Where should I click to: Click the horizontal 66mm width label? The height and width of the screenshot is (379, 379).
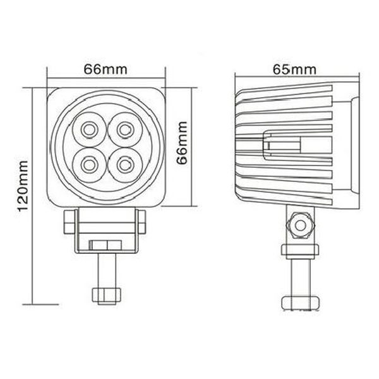coord(105,69)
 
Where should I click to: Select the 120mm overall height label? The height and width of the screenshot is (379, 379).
coord(20,189)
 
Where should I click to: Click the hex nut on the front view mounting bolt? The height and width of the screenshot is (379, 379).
coord(105,295)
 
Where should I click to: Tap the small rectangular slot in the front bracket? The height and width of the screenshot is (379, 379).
coord(105,244)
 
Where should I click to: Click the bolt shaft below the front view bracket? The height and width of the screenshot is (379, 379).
coord(105,272)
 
